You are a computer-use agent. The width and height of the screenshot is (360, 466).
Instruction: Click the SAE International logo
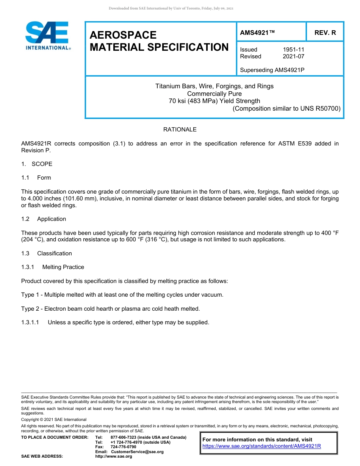point(47,36)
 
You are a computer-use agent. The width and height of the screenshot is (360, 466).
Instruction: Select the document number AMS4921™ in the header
point(257,33)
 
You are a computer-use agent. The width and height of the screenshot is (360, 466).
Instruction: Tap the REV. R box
point(325,33)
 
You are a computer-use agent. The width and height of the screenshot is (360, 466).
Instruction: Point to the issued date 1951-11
point(293,50)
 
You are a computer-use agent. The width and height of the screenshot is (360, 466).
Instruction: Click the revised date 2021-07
point(293,56)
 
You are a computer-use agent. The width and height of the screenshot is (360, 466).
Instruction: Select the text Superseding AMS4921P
point(272,70)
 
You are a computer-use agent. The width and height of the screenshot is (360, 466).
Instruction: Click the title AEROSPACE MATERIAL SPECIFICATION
point(159,41)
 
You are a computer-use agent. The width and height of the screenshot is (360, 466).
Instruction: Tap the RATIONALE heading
point(180,130)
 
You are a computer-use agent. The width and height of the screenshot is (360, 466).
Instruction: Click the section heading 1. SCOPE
point(37,164)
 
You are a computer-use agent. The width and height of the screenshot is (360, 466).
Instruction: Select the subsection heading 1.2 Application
point(44,219)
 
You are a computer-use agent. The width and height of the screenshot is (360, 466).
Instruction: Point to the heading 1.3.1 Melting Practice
point(53,267)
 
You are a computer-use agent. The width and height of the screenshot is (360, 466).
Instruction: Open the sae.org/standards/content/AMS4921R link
point(261,446)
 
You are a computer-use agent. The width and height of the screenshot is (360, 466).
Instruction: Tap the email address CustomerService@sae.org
point(137,452)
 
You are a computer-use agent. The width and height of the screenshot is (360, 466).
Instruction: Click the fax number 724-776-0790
point(123,447)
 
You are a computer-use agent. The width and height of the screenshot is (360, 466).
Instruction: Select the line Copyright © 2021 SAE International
point(53,419)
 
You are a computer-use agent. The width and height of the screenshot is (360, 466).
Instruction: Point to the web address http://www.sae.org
point(114,457)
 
